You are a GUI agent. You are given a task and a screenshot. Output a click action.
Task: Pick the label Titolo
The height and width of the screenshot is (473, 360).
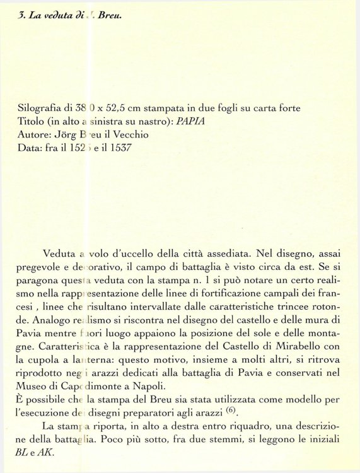(32, 122)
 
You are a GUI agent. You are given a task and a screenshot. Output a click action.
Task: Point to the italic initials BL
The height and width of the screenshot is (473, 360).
(26, 453)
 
